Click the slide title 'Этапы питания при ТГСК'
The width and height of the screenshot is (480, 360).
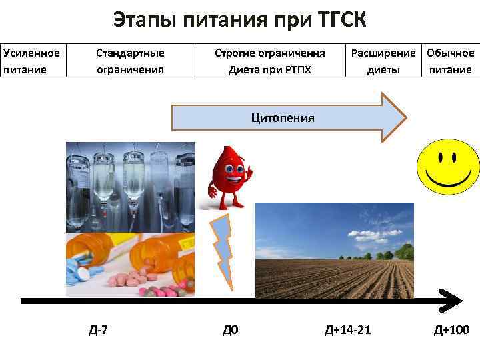coord(239,20)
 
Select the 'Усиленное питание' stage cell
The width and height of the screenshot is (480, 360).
coord(31,61)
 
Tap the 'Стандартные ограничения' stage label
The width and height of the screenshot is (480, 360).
coord(130,61)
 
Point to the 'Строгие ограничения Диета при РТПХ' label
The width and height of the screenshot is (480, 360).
coord(269,61)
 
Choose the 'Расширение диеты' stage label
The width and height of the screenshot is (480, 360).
coord(383,61)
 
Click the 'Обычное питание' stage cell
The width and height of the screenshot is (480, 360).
coord(451,61)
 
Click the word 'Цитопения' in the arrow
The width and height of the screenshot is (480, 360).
coord(283,118)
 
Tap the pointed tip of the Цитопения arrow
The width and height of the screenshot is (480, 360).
coord(403,117)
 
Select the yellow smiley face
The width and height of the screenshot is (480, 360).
coord(447,167)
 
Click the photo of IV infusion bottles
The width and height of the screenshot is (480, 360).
coord(130,187)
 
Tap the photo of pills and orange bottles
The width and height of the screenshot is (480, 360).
coord(130,263)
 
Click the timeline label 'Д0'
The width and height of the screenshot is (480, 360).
coord(230,330)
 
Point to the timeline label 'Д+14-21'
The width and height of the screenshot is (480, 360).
coord(347,330)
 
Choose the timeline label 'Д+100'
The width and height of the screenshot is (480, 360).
coord(451,330)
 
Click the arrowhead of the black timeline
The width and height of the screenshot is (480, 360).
coord(453,301)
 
